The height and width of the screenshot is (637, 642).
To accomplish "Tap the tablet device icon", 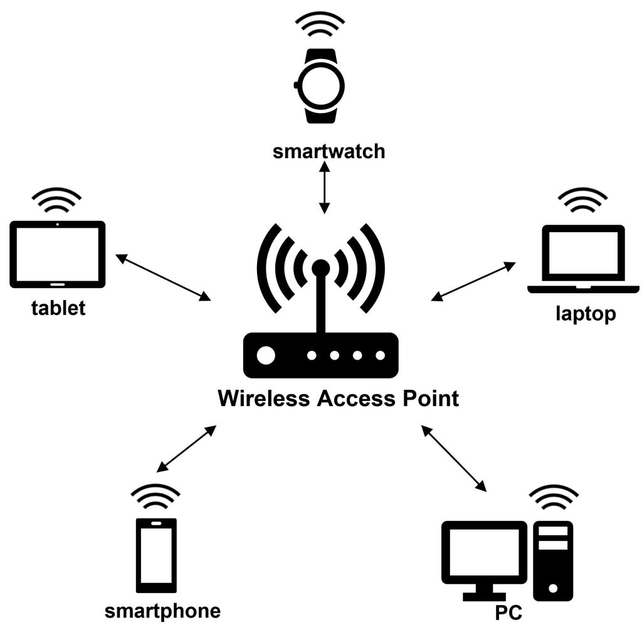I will [58, 254].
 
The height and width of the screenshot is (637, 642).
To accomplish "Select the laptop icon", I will [576, 259].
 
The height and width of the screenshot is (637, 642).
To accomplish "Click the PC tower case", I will [552, 560].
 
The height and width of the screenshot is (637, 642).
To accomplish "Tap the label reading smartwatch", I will [329, 152].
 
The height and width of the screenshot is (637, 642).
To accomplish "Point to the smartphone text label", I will [162, 611].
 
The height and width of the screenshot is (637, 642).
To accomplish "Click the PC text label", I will [508, 613].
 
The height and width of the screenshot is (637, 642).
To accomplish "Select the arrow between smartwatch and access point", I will [324, 186].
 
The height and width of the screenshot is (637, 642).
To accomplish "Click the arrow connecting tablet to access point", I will [164, 277].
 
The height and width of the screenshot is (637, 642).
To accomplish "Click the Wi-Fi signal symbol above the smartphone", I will [157, 498].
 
